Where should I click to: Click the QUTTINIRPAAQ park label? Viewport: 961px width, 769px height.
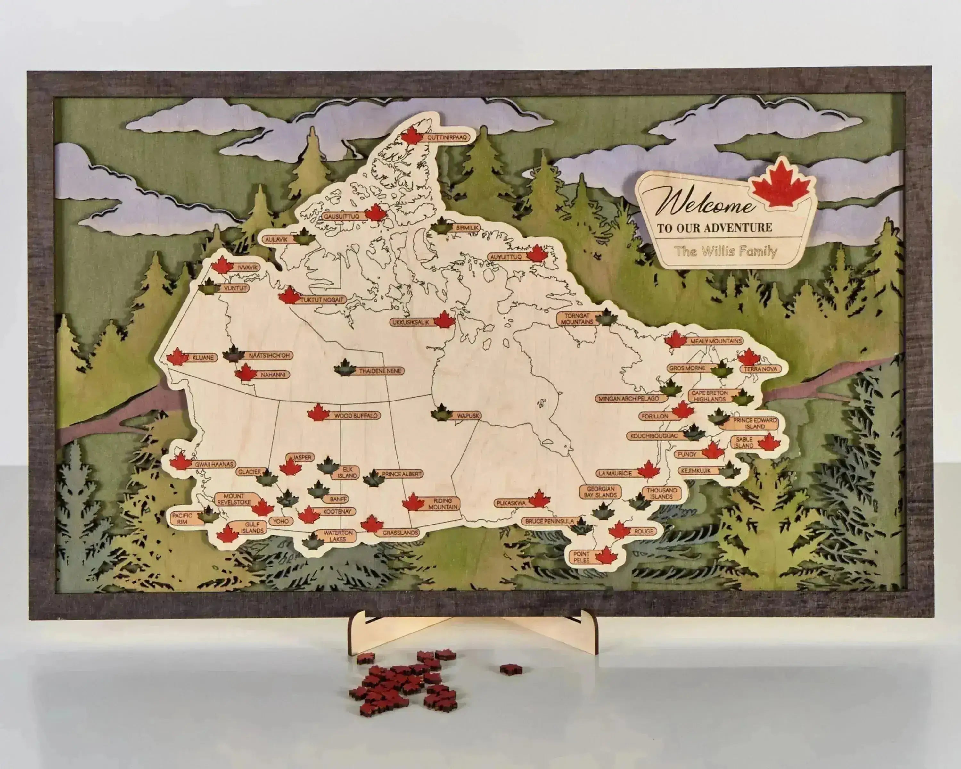point(446,138)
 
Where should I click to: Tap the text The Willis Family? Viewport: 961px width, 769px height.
point(725,252)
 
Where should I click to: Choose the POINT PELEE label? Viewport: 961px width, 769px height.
point(582,557)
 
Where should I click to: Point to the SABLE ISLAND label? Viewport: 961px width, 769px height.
point(744,442)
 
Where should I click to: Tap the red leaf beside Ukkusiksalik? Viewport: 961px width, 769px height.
point(444,320)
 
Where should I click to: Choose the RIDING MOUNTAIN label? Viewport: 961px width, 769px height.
point(443,504)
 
